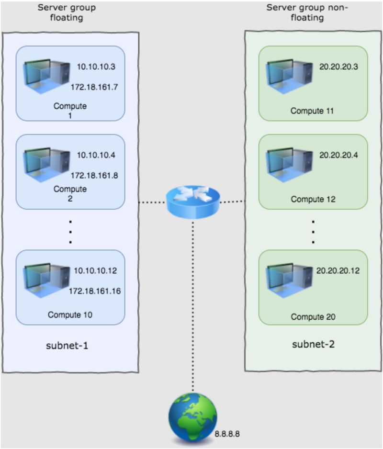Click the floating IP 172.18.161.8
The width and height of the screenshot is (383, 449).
tap(94, 175)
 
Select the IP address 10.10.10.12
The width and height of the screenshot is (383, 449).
tap(95, 271)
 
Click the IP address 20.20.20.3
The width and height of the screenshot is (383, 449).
tap(339, 67)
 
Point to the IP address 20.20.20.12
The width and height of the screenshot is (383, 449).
tap(338, 270)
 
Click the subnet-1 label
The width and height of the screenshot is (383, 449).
tap(70, 345)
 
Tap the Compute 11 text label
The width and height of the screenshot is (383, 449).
tap(313, 111)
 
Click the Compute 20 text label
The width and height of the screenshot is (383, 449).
tap(313, 317)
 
